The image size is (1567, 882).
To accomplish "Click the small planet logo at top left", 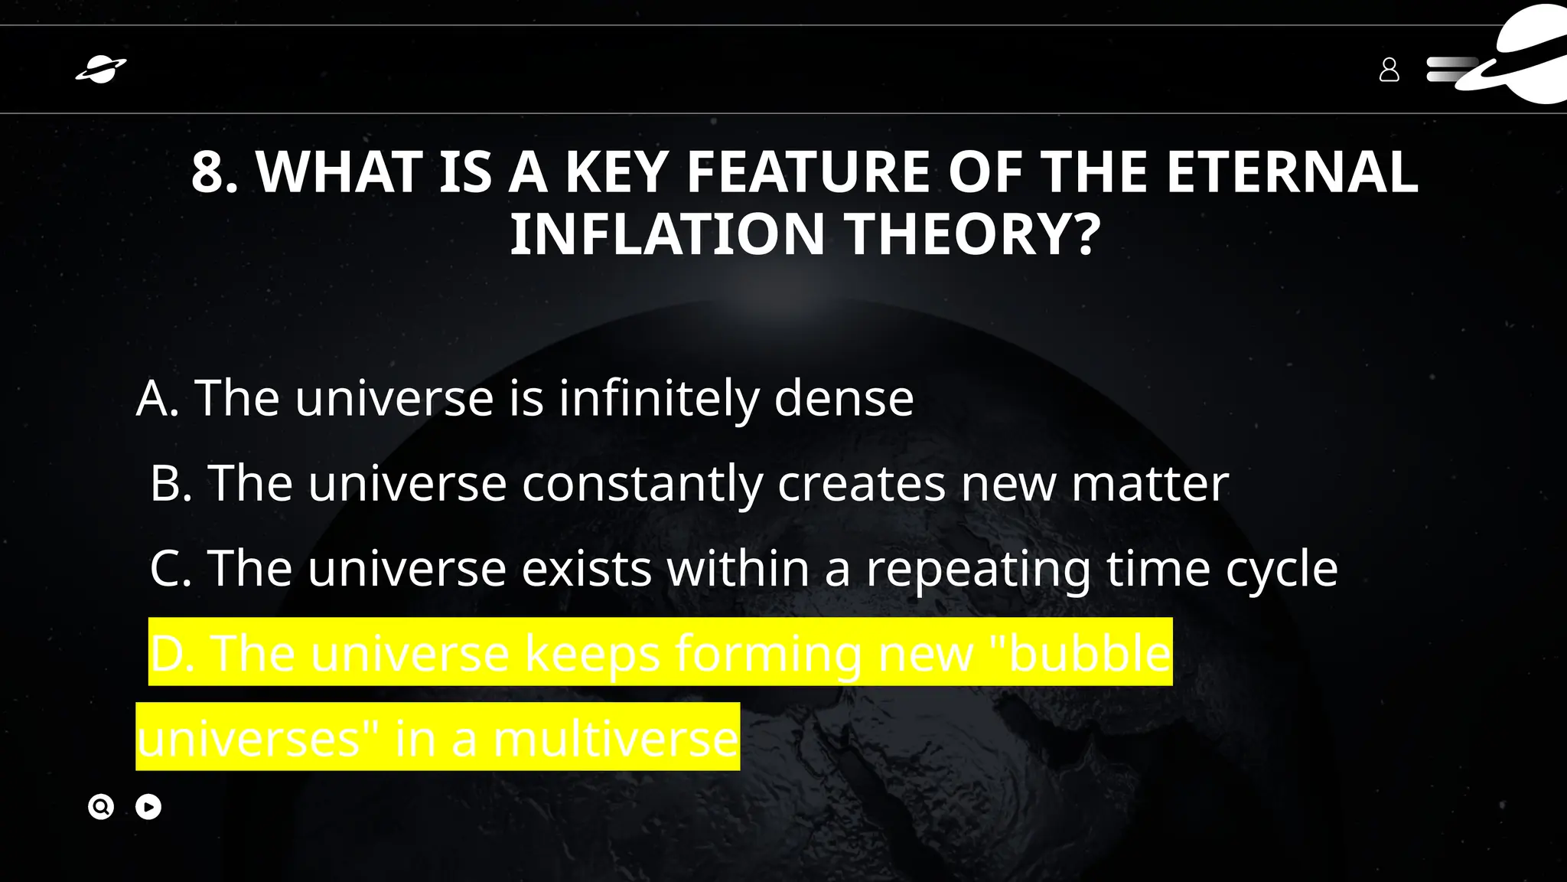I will (101, 70).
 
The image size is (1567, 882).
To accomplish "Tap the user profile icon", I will (1389, 70).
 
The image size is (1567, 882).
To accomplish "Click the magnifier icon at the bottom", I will (101, 807).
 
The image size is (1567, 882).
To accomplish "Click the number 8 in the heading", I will (208, 172).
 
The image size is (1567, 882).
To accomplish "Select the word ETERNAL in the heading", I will (1292, 172).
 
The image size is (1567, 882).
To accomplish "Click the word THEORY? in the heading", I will (972, 234).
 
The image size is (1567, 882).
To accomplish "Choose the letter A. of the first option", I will (158, 398).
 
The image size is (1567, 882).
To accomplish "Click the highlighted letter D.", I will (172, 653).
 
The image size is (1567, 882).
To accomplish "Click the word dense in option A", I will (844, 398).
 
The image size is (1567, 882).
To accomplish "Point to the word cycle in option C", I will (1282, 568).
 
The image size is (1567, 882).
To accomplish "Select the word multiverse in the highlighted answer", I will (616, 739).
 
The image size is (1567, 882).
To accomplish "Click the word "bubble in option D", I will (1080, 653).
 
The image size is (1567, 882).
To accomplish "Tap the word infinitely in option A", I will (659, 398).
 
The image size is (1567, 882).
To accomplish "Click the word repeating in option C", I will (979, 568).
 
